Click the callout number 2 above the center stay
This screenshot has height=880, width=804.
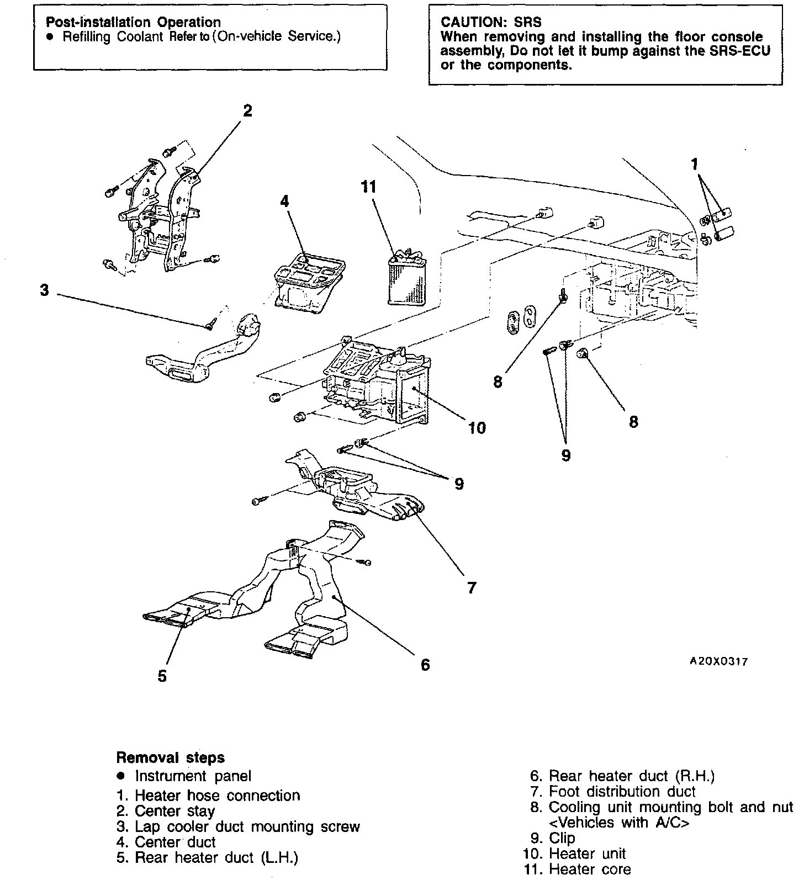pyautogui.click(x=247, y=111)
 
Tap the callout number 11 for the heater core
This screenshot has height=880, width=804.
pyautogui.click(x=368, y=187)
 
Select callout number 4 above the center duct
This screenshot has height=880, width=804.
pyautogui.click(x=284, y=202)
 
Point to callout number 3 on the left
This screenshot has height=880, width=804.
pyautogui.click(x=45, y=290)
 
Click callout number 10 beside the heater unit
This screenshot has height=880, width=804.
pyautogui.click(x=477, y=427)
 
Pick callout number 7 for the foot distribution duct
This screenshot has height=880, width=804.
pyautogui.click(x=471, y=588)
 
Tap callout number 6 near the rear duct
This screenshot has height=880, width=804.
pyautogui.click(x=425, y=665)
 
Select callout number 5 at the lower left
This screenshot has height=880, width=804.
pyautogui.click(x=162, y=676)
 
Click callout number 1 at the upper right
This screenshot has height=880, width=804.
pyautogui.click(x=695, y=164)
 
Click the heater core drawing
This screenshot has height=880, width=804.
pyautogui.click(x=407, y=280)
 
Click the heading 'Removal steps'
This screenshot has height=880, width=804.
pyautogui.click(x=171, y=757)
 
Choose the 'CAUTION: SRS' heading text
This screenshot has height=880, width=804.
pyautogui.click(x=491, y=23)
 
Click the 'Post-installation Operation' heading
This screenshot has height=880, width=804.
pyautogui.click(x=133, y=23)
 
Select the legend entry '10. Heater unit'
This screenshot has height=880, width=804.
pyautogui.click(x=574, y=854)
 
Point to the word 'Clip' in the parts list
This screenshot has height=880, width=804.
pyautogui.click(x=562, y=838)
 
